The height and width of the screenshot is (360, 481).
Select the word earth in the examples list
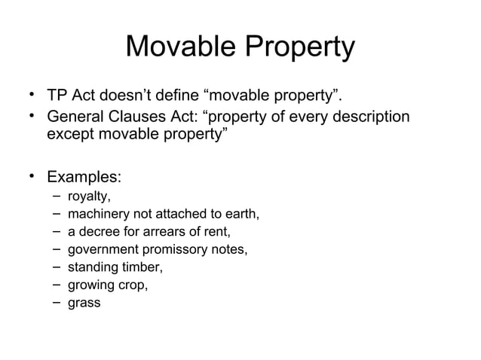240,215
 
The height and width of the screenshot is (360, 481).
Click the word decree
98,233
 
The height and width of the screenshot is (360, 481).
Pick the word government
101,251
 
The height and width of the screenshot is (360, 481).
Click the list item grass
84,304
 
